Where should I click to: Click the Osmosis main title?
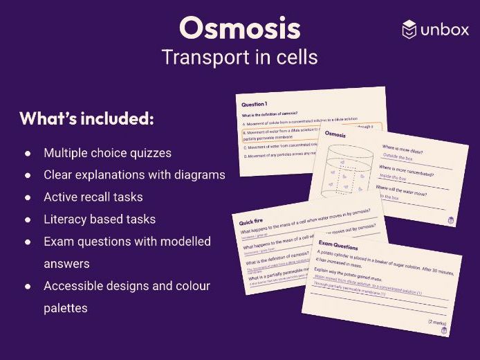(239, 28)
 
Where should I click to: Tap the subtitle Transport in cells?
(239, 57)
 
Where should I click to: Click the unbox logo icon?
(409, 29)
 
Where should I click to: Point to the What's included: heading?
(86, 118)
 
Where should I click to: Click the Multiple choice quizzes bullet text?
(107, 152)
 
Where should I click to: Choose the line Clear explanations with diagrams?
(134, 174)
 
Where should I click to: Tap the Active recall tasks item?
(93, 197)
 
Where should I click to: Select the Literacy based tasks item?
(99, 219)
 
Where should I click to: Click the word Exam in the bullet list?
(57, 241)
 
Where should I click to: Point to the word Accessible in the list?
(71, 285)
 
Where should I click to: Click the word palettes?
(65, 307)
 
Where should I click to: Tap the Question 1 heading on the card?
(254, 102)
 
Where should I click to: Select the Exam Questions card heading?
(338, 246)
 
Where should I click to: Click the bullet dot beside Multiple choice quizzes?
(28, 152)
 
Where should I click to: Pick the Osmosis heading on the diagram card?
(335, 134)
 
